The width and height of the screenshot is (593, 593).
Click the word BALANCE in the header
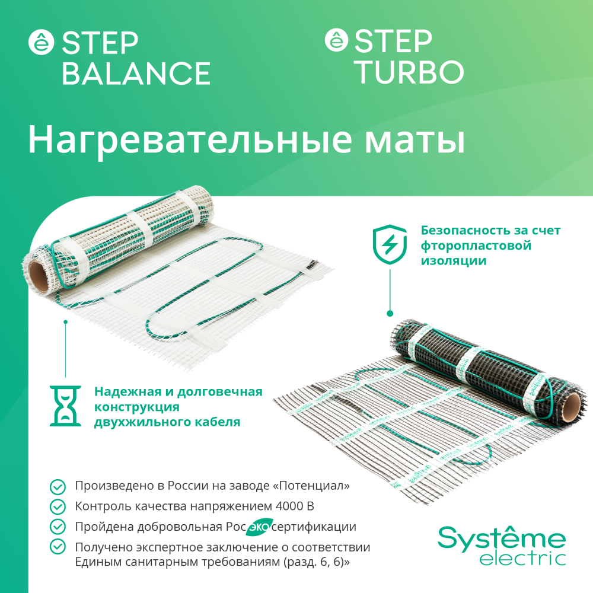[x=136, y=74]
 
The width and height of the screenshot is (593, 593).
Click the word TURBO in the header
[x=411, y=72]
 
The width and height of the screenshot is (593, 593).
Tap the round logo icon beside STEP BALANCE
[x=42, y=42]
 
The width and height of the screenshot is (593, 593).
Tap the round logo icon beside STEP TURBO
[x=336, y=40]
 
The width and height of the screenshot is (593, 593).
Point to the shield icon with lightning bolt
[x=390, y=244]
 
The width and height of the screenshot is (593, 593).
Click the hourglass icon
[x=65, y=406]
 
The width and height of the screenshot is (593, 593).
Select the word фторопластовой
[x=476, y=246]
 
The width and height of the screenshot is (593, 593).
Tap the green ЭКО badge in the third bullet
[x=259, y=527]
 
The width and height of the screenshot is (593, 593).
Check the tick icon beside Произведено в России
[x=58, y=487]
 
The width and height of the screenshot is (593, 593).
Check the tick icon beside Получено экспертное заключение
[x=58, y=546]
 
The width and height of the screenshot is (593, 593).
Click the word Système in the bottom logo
[x=502, y=538]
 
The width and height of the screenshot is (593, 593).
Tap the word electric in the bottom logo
[x=522, y=559]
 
